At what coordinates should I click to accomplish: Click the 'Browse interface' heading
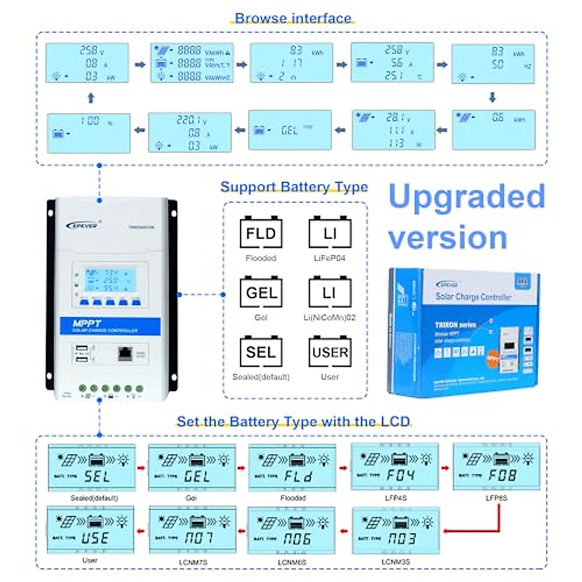coord(293,18)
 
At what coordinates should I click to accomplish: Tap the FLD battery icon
coord(261,233)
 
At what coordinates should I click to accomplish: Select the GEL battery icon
coord(261,292)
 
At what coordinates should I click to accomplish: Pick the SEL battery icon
coord(261,352)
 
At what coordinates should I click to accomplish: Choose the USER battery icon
coord(330,352)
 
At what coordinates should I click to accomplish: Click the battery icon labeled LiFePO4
coord(330,233)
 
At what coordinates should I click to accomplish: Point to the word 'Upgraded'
coord(467,196)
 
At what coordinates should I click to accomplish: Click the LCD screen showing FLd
coord(292,468)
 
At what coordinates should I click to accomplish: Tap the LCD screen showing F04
coord(395,467)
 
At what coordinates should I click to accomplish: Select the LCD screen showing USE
coord(90,530)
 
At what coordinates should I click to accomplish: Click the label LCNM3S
coord(395,562)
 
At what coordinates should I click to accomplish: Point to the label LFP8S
coord(496,498)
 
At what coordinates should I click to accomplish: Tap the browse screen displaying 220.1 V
coord(190,132)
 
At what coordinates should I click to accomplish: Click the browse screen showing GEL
coord(290,130)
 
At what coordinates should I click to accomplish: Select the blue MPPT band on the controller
coord(110,326)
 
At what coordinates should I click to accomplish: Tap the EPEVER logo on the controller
coord(83,225)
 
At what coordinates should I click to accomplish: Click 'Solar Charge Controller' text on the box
coord(473,296)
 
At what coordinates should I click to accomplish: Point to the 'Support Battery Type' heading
coord(294,187)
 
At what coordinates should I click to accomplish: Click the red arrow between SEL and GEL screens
coord(141,468)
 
